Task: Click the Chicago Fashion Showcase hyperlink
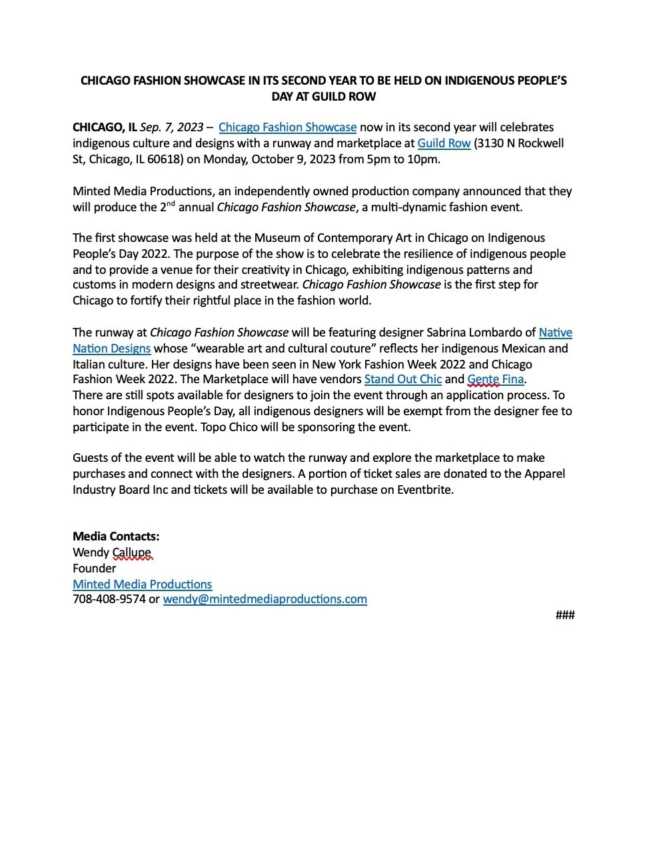(x=287, y=127)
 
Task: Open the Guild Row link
(x=444, y=143)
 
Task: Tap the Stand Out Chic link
(x=402, y=380)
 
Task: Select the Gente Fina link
(x=495, y=380)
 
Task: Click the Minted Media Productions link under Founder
(x=142, y=584)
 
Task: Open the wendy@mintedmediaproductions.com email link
(x=265, y=599)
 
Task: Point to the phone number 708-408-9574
(x=109, y=599)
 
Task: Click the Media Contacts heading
(x=116, y=536)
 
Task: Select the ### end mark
(x=564, y=615)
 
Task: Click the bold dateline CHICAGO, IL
(x=105, y=127)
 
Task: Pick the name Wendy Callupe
(x=112, y=552)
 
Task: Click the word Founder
(x=94, y=568)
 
